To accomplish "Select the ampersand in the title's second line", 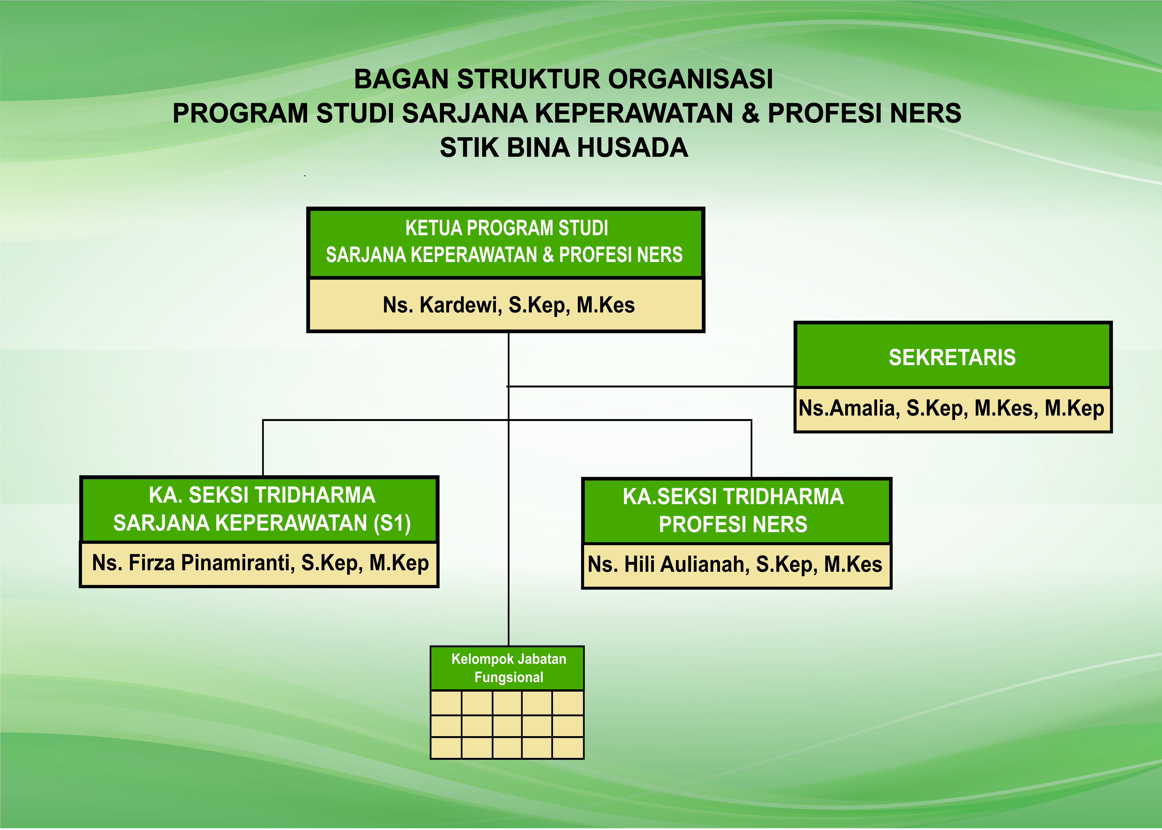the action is click(750, 113).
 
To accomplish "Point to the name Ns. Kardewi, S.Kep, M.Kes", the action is click(508, 305).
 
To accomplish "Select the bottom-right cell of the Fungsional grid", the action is click(568, 748).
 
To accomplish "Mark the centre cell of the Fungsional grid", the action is click(507, 726).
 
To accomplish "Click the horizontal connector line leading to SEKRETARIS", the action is click(651, 386).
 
